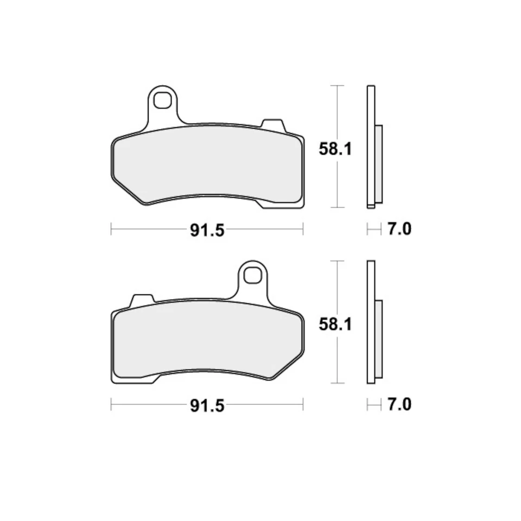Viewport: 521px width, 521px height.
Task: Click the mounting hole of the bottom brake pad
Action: tap(252, 275)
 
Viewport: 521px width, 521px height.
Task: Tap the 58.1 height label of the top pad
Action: tap(335, 149)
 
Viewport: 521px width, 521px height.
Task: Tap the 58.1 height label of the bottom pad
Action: tap(335, 324)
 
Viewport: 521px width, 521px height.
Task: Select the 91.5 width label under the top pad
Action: tap(207, 230)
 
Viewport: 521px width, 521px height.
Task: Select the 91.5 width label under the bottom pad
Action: tap(207, 405)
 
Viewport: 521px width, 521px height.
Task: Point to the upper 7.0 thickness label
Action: tap(399, 230)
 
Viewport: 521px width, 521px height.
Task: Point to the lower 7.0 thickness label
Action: tap(399, 405)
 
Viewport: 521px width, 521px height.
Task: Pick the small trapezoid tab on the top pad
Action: tap(273, 124)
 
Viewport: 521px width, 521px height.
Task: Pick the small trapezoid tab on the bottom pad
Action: tap(143, 300)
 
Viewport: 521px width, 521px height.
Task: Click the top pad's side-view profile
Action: tap(371, 147)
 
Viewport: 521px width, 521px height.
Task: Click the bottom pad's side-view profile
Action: tap(371, 322)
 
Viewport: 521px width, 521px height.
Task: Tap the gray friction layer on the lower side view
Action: tap(378, 339)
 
